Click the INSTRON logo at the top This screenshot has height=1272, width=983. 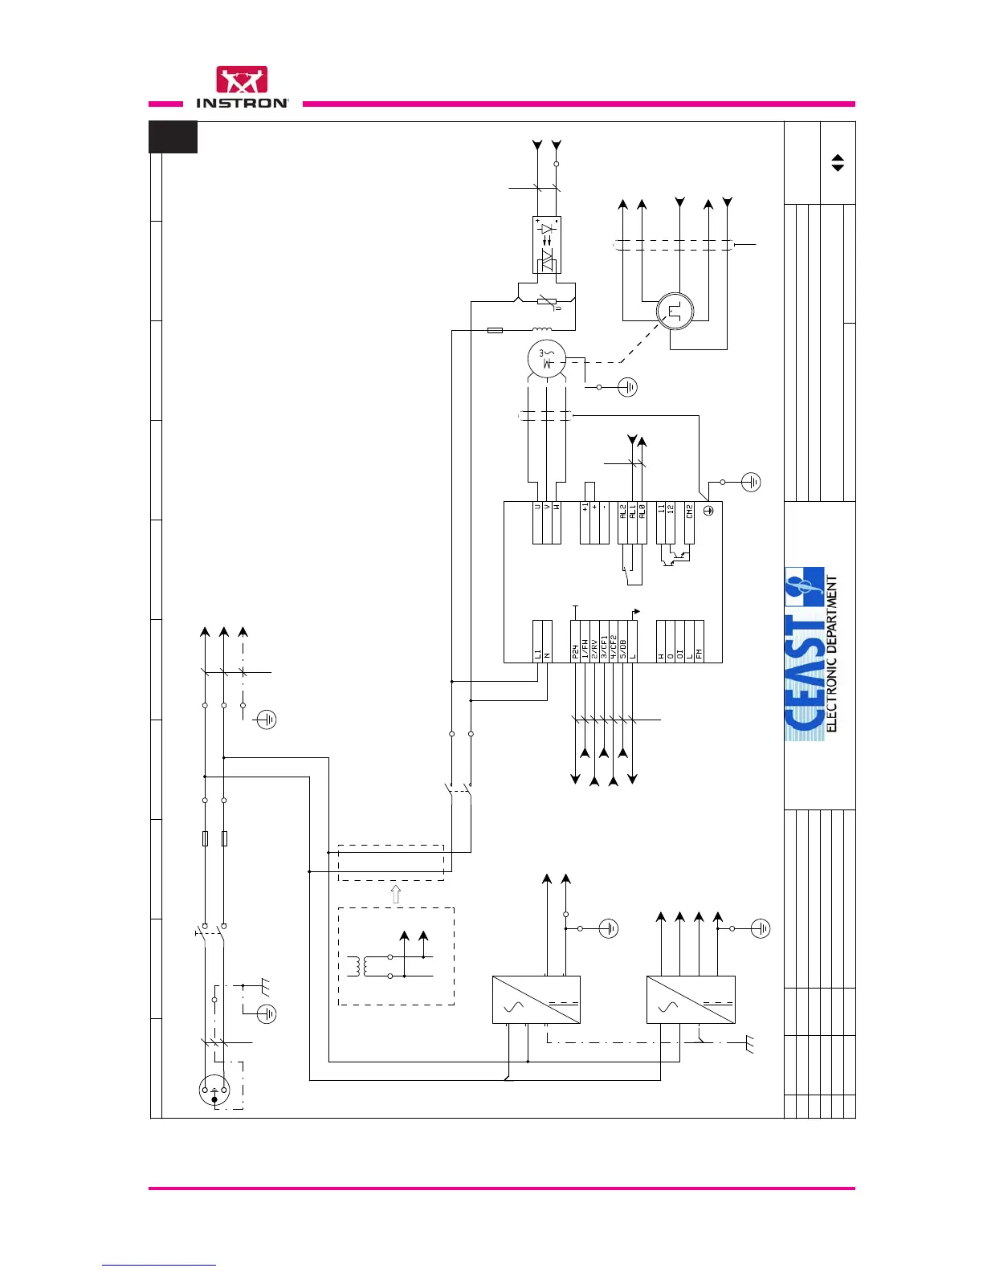pos(242,88)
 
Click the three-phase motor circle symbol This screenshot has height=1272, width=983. pos(547,358)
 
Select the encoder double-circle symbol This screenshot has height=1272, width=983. pos(675,312)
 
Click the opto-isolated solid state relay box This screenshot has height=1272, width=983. pos(547,245)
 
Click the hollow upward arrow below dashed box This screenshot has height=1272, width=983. pos(394,894)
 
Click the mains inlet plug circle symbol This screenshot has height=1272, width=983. pos(214,1090)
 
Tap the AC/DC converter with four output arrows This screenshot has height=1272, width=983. pos(691,1000)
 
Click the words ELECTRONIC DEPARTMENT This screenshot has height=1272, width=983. pos(832,654)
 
